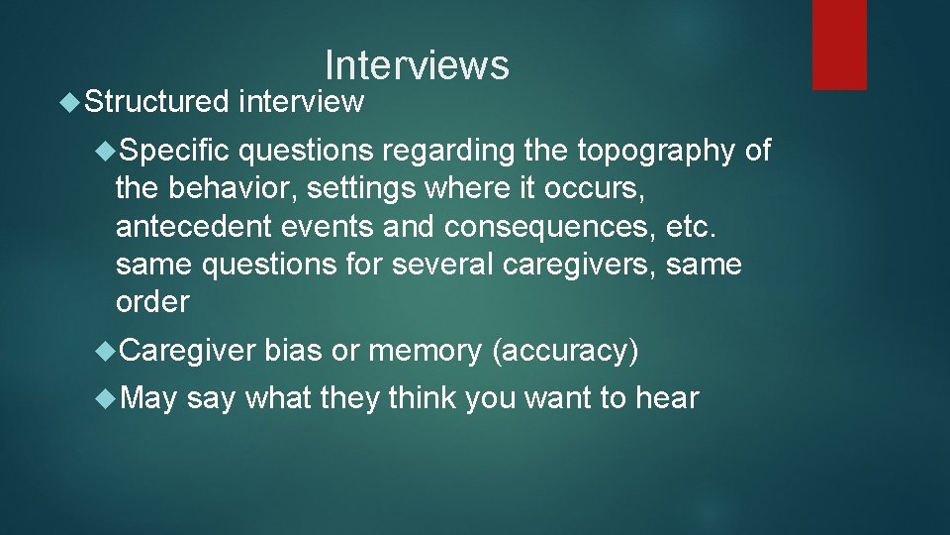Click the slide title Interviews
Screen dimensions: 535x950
tap(417, 65)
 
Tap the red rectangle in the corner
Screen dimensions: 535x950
tap(839, 45)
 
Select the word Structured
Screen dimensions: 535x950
tap(156, 101)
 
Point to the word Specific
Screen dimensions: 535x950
tap(176, 151)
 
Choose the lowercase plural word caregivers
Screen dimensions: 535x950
tap(577, 265)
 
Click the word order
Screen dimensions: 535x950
tap(152, 302)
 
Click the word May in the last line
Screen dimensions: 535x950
tap(149, 399)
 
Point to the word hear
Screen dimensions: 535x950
tap(667, 398)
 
